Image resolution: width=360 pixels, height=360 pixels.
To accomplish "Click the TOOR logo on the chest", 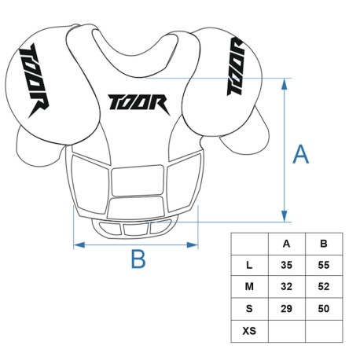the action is [x=139, y=104].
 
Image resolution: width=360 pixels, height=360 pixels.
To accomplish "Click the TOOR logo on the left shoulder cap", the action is [x=35, y=80].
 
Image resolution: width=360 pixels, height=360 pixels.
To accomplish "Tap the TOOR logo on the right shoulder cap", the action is [x=235, y=66].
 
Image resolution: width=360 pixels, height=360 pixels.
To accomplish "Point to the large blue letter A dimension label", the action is [x=300, y=154].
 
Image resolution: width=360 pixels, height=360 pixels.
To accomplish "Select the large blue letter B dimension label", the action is [x=138, y=259].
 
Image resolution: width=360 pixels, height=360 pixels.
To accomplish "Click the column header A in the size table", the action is [x=286, y=244].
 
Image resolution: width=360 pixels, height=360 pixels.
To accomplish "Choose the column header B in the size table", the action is [x=324, y=244].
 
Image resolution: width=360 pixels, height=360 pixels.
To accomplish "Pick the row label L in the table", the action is [x=249, y=266].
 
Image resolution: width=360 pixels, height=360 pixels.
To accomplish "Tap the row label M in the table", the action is [x=249, y=287].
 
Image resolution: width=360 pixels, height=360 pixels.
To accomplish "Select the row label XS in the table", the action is [x=249, y=331].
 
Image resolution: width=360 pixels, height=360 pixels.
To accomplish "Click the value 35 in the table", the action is [x=286, y=265].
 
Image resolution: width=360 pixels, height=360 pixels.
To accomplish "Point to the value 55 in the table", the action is [x=324, y=265].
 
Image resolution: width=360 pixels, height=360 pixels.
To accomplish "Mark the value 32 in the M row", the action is [x=286, y=287].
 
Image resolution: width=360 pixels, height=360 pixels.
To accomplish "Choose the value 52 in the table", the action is [x=324, y=287].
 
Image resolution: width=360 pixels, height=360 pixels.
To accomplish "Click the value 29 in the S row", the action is [x=286, y=309].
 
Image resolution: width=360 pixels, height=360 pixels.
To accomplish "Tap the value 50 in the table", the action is [x=324, y=309].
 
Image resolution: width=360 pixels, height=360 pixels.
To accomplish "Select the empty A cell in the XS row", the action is [x=287, y=331].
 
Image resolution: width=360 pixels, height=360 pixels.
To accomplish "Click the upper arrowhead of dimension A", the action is [x=285, y=84].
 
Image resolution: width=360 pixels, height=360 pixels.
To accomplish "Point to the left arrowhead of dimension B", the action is [x=79, y=245].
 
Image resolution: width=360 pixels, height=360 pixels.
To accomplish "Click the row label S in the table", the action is [x=249, y=309].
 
